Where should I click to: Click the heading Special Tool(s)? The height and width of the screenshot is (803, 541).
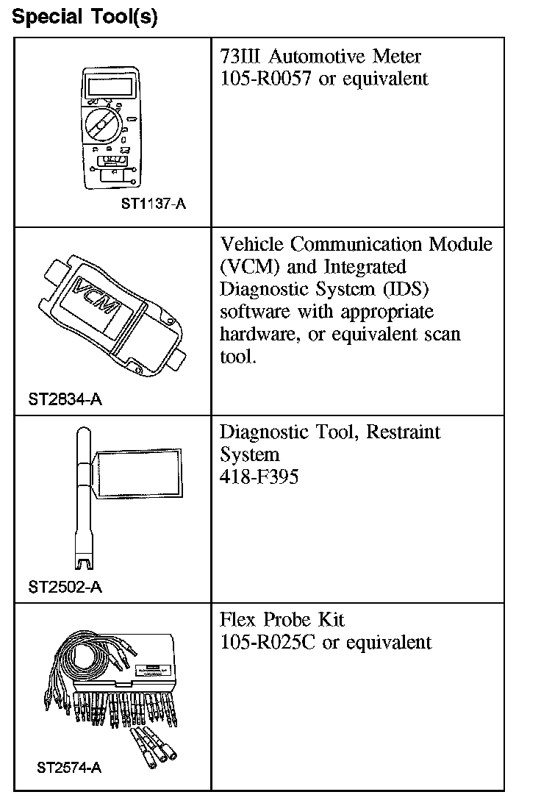pyautogui.click(x=85, y=17)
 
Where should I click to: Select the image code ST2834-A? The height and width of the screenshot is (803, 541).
pyautogui.click(x=65, y=400)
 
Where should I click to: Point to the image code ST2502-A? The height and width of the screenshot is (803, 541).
pyautogui.click(x=65, y=587)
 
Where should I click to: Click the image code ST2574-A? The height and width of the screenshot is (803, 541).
pyautogui.click(x=69, y=768)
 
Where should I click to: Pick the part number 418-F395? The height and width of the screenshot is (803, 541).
pyautogui.click(x=259, y=477)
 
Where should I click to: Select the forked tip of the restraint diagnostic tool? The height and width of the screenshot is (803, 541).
pyautogui.click(x=85, y=562)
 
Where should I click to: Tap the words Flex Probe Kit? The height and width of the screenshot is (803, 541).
pyautogui.click(x=282, y=619)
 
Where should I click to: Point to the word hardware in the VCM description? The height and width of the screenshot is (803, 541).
pyautogui.click(x=257, y=334)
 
